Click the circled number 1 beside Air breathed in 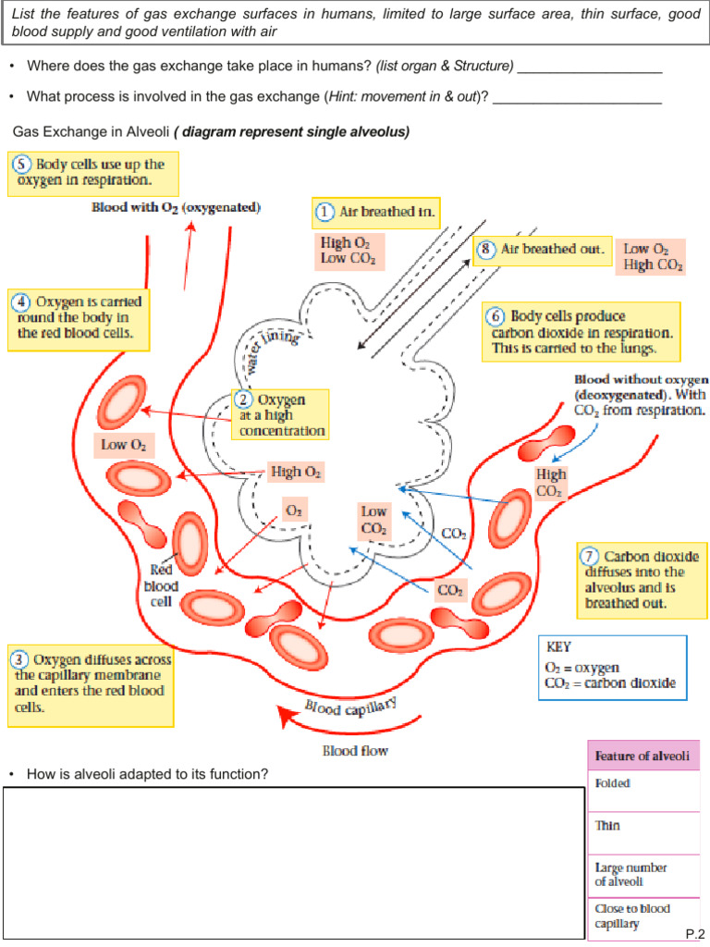(x=324, y=212)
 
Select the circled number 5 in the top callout (x=21, y=164)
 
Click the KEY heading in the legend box (x=559, y=647)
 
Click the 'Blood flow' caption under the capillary (x=355, y=751)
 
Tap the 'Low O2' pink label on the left (x=123, y=445)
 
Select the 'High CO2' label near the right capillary (x=550, y=483)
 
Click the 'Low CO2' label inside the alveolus (x=374, y=520)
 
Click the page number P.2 (x=695, y=932)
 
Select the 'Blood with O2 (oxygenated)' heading (x=176, y=207)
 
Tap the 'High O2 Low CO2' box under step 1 (x=348, y=251)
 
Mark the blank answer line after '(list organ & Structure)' (x=590, y=67)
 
